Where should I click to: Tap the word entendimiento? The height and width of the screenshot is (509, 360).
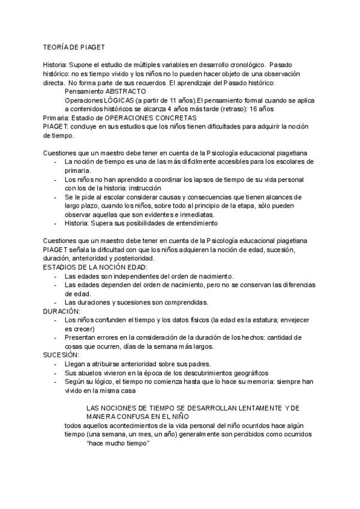point(192,224)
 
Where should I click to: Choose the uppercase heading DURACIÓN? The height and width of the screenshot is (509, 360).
point(62,312)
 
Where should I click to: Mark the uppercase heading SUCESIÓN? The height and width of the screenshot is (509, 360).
point(61,355)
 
